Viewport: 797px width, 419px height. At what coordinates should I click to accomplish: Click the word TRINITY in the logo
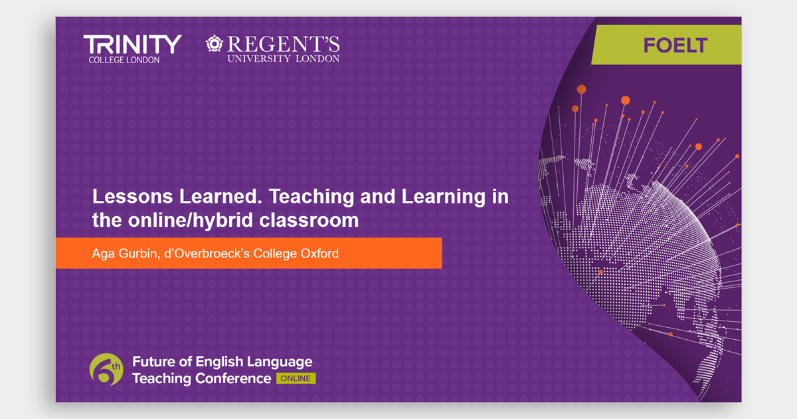coord(132,45)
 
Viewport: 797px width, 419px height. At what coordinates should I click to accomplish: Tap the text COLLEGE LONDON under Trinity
coord(124,60)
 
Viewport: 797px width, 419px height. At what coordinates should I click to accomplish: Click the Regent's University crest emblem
coord(214,43)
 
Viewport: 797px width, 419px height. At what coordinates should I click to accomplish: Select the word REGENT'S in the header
coord(283,44)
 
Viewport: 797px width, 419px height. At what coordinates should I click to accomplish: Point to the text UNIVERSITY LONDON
coord(283,59)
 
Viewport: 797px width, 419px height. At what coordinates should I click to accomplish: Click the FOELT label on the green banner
coord(675,45)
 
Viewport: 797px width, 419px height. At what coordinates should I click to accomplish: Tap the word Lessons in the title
coord(132,196)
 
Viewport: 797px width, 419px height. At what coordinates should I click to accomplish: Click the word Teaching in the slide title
coord(311,196)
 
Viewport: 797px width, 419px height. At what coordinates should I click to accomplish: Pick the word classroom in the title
coord(309,220)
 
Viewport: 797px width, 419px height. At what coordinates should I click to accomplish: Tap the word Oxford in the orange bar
coord(319,253)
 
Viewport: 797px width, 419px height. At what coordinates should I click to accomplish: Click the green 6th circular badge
coord(106,370)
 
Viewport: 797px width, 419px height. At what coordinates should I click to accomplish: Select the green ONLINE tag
coord(296,378)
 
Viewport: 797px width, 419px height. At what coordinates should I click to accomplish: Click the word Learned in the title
coord(221,196)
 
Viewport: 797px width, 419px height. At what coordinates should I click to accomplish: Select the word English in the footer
coord(219,362)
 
